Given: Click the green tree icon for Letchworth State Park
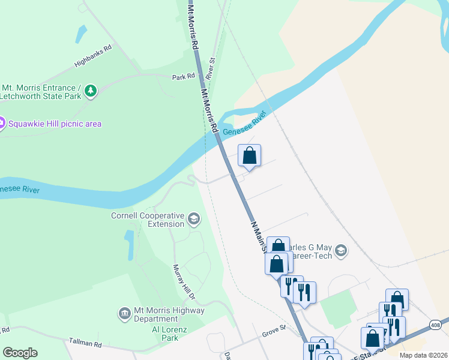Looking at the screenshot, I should pos(91,91).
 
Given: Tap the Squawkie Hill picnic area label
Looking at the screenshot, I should pos(55,124).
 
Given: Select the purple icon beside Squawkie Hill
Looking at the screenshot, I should pos(1,124).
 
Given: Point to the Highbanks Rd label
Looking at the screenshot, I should pos(93,56).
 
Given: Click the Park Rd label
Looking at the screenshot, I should pos(184,77).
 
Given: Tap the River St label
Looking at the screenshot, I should pos(210,69).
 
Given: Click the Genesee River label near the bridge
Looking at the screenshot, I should pos(244,124).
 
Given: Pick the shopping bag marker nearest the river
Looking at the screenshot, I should pos(250,156).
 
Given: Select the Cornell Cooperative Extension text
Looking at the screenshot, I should pos(148,220).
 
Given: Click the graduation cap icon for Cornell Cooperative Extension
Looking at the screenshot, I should pos(194,219).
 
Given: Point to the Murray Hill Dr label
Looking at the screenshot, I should pos(184,282).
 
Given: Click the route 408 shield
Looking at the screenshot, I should pos(436,325).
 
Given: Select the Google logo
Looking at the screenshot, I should pos(20,353).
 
